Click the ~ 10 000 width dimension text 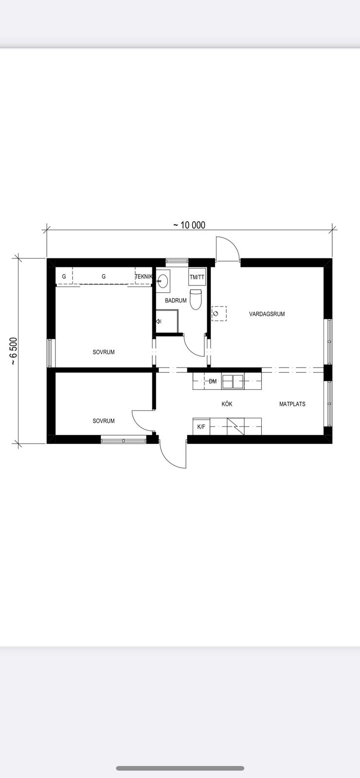pos(189,225)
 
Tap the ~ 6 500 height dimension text pos(13,351)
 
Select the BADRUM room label pos(176,301)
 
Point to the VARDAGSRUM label pos(267,314)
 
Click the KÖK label pos(227,404)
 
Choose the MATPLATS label pos(292,404)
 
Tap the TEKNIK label pos(144,277)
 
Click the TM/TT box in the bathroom pos(197,277)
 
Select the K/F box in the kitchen pos(201,426)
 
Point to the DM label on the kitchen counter pos(213,381)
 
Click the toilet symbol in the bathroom pos(196,300)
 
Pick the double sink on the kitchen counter pos(233,381)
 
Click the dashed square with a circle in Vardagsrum pos(219,314)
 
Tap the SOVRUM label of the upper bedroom pos(104,352)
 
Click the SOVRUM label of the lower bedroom pos(104,421)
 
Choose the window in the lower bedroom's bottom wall pos(124,440)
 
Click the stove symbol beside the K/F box pos(235,426)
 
